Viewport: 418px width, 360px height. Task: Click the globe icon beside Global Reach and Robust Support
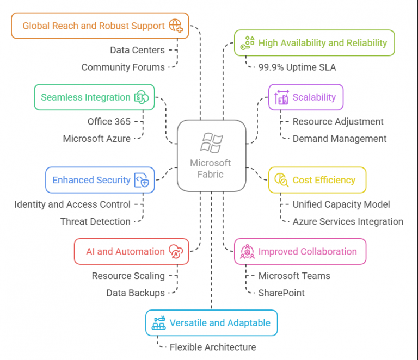coord(176,26)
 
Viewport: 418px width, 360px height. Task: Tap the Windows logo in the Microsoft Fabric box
coord(212,143)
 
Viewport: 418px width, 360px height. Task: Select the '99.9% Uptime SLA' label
coord(297,67)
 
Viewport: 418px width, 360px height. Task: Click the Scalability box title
coord(314,97)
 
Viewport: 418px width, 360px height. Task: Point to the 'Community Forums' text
coord(123,67)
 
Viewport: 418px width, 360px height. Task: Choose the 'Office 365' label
coord(109,122)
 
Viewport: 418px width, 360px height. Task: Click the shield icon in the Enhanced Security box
coord(142,180)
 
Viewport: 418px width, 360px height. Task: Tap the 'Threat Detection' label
coord(95,221)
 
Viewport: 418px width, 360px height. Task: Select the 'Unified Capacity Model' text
coord(341,204)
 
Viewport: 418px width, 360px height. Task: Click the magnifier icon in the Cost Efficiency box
coord(281,180)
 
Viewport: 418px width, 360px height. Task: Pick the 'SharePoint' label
coord(281,293)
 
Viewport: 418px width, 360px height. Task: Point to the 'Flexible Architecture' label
coord(213,347)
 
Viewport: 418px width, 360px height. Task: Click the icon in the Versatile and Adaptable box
coord(158,323)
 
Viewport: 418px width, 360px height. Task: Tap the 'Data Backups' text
coord(136,293)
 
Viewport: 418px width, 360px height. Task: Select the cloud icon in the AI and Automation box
coord(176,251)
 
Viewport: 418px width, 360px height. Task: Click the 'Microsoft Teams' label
coord(294,276)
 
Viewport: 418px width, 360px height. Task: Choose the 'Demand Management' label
coord(340,139)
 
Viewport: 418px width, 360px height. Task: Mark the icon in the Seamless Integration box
coord(142,97)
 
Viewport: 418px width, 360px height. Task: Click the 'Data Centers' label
coord(138,50)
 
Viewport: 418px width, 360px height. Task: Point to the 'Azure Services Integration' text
coord(348,221)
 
